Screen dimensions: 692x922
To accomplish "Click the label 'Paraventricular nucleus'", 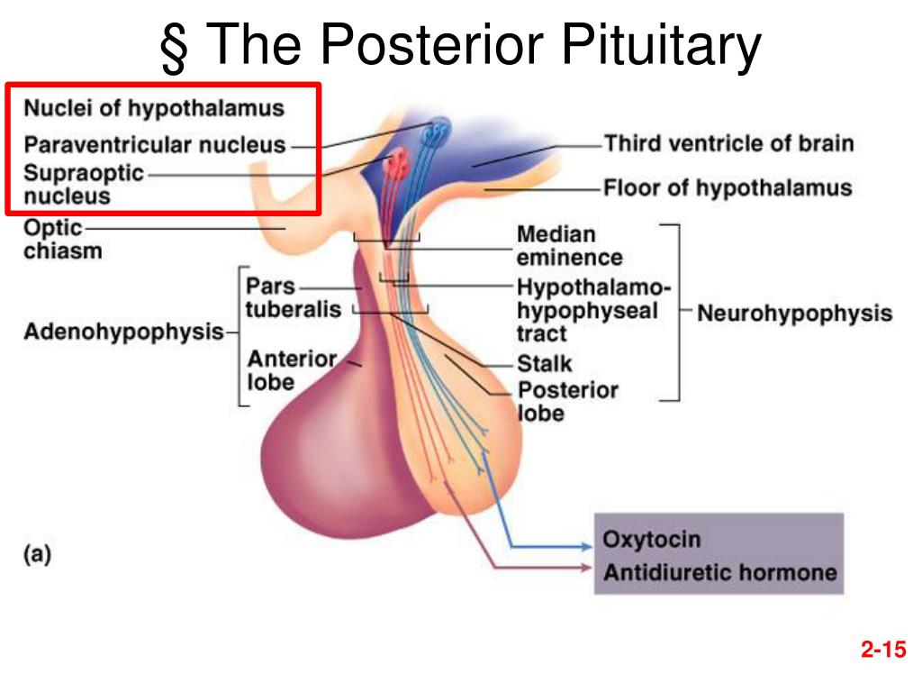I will click(x=154, y=144).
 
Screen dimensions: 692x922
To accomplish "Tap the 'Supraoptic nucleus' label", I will click(x=83, y=184).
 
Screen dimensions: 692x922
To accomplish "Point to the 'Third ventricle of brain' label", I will click(x=728, y=143).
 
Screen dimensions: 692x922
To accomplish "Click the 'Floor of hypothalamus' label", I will click(x=727, y=188).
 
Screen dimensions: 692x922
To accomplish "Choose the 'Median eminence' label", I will click(x=568, y=246).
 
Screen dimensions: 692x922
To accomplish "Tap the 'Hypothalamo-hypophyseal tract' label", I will click(x=592, y=311).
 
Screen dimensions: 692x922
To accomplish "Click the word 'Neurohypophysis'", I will click(x=795, y=314).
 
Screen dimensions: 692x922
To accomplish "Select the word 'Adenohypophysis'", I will click(x=123, y=332).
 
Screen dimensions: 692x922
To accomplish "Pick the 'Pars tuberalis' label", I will click(x=294, y=298).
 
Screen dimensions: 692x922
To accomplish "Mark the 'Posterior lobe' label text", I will click(x=567, y=402).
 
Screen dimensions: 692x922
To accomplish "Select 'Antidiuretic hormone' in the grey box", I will click(x=719, y=572).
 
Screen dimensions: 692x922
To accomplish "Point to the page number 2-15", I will click(x=881, y=650).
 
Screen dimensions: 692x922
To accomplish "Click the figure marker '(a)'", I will click(x=36, y=555).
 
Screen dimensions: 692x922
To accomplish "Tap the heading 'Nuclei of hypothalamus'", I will click(x=154, y=109).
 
